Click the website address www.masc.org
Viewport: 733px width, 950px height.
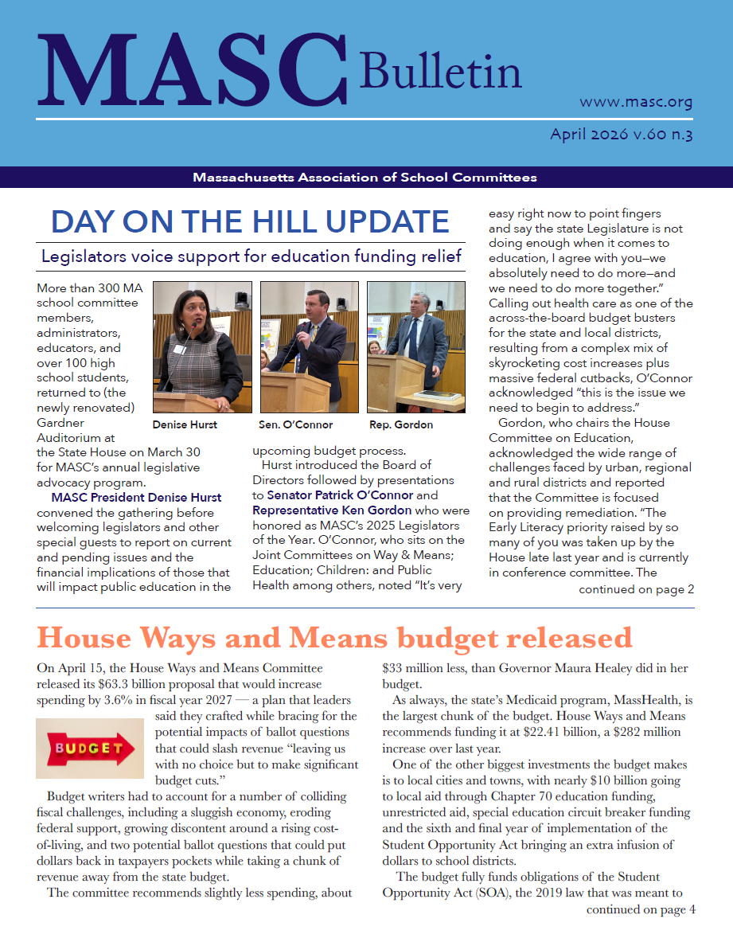point(635,102)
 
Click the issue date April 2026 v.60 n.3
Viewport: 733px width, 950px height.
point(621,134)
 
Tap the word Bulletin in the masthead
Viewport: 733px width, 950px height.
point(440,72)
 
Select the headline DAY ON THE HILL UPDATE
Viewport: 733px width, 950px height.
point(251,221)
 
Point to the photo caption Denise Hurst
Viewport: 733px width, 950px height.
point(185,424)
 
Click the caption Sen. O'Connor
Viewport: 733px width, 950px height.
point(295,424)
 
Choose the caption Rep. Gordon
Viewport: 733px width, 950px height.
point(401,424)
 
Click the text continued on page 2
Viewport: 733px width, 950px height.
point(636,589)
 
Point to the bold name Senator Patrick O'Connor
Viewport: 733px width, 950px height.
point(341,495)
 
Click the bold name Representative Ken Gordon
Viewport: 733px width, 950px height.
point(332,510)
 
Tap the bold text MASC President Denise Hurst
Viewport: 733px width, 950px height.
point(136,498)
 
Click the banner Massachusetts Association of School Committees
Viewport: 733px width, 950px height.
point(365,178)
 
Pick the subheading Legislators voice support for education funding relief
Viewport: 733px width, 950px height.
point(251,256)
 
